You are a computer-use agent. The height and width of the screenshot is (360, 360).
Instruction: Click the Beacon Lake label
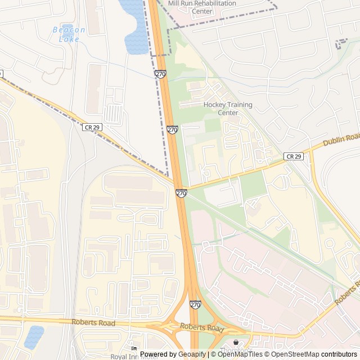click(69, 34)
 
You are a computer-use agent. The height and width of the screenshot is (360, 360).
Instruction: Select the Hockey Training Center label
click(228, 109)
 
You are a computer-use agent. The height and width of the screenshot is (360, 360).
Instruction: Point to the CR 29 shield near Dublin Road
click(294, 156)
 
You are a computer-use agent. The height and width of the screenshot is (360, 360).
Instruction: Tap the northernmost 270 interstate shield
click(161, 74)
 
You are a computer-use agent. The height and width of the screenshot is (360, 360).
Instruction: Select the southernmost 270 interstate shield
click(195, 305)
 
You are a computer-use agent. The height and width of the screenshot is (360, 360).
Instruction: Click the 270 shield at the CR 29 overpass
click(181, 193)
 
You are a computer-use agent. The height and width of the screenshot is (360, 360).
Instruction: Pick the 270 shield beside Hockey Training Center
click(172, 130)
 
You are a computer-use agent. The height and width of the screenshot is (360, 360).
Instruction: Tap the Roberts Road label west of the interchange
click(93, 323)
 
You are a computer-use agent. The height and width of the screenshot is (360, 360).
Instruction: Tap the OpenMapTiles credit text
click(240, 354)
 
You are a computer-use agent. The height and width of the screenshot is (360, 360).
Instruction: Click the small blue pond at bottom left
click(34, 336)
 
